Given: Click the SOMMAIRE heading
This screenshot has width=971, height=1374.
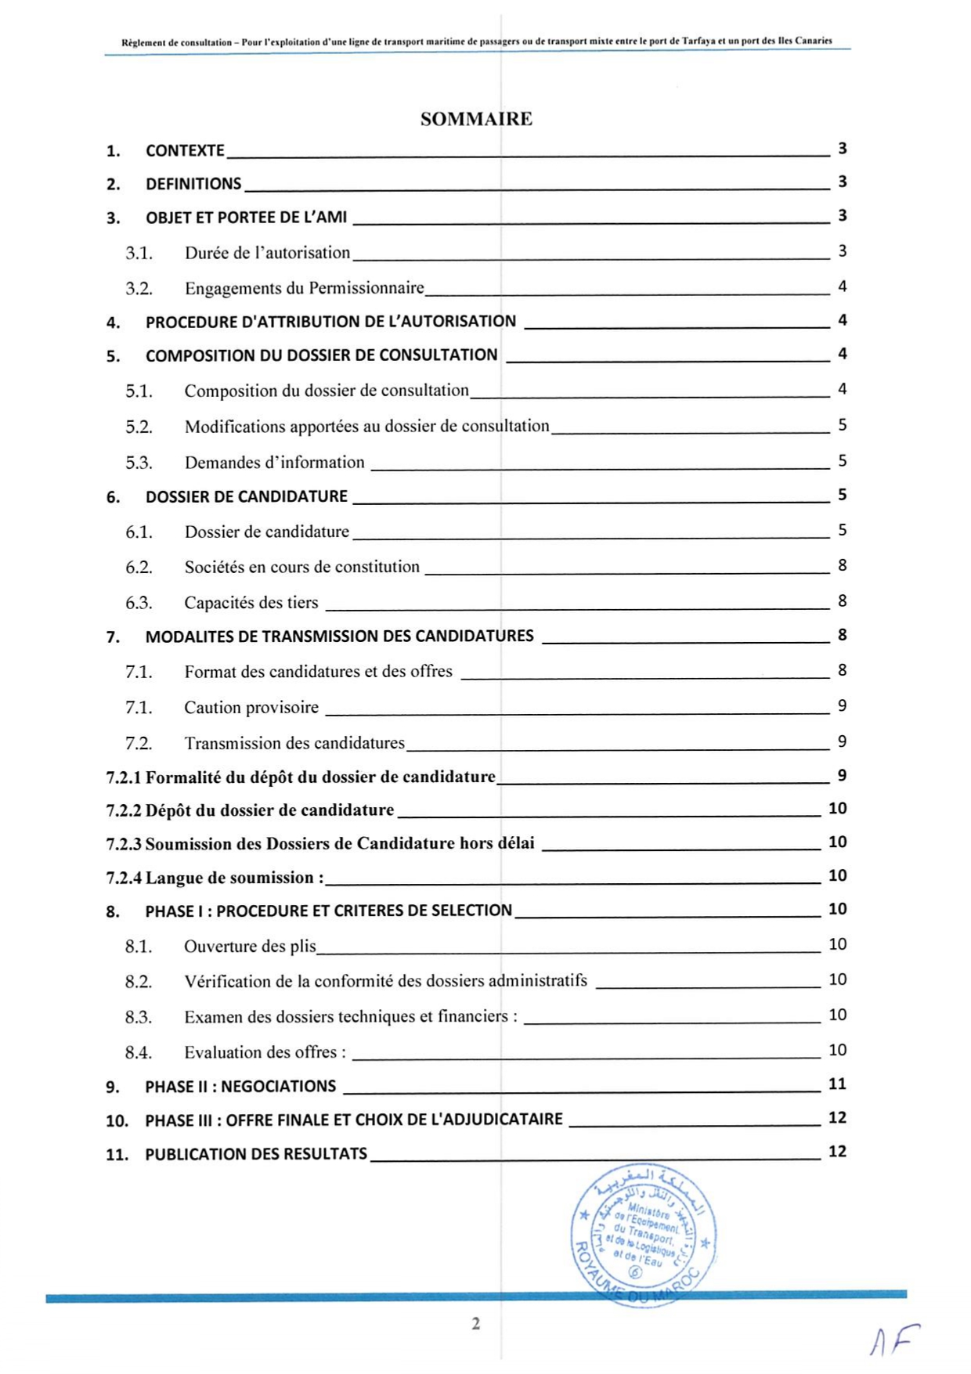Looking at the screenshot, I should [x=476, y=119].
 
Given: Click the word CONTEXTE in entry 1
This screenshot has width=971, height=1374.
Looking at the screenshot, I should [x=185, y=150].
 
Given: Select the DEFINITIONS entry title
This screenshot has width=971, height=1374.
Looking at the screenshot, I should [x=193, y=184].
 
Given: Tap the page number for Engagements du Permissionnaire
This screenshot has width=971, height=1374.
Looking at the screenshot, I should [x=842, y=287].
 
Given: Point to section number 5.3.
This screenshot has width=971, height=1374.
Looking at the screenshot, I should [x=139, y=463].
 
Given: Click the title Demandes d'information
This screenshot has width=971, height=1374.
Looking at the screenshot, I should [x=274, y=463].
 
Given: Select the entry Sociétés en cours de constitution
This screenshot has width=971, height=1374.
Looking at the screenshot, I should [x=301, y=567].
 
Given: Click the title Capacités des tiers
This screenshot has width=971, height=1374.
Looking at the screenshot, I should [x=251, y=603].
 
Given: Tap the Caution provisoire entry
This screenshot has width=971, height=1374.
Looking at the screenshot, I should [x=251, y=708].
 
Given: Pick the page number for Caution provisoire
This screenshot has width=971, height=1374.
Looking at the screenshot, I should [x=842, y=706].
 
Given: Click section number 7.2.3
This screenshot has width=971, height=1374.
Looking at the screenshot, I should [x=124, y=844].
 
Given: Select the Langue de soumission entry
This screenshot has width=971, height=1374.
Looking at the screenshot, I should [x=234, y=878].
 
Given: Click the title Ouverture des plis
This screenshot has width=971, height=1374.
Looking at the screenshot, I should [x=250, y=947].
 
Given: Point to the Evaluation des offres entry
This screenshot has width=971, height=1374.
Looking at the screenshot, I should [x=265, y=1052].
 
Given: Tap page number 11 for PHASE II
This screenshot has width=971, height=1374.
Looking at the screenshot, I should [x=837, y=1084].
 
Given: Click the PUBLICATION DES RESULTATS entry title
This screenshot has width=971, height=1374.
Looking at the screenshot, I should [x=256, y=1154].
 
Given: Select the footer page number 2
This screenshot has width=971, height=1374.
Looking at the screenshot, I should [x=475, y=1323].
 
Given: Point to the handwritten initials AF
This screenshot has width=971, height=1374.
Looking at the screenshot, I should [x=893, y=1340].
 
